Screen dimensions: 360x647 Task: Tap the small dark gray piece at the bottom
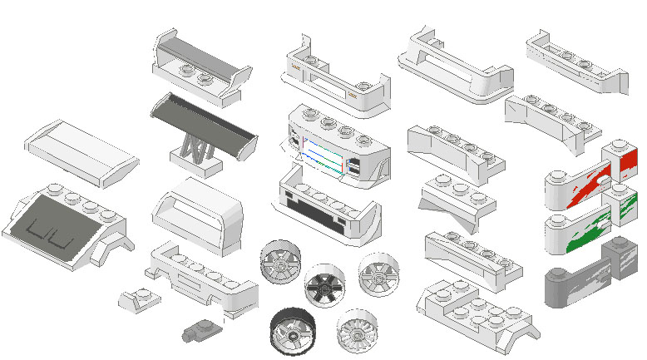[199, 330]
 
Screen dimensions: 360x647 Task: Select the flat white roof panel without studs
[81, 150]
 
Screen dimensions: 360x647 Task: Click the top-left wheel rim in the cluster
[281, 262]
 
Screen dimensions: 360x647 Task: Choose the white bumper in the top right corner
[575, 63]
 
